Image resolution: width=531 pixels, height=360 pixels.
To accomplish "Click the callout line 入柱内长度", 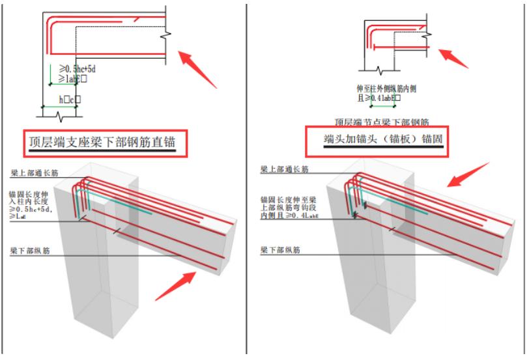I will click(x=31, y=202).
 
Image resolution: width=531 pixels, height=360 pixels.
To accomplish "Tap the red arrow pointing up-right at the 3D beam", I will click(x=176, y=286).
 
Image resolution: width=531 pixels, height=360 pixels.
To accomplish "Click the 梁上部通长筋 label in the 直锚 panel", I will click(x=36, y=174).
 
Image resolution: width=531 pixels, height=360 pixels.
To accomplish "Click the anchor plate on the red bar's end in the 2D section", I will click(x=376, y=46).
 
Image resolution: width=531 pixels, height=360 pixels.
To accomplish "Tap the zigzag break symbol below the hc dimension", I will click(x=62, y=117).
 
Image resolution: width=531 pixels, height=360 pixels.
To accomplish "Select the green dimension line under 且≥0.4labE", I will click(x=383, y=104).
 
